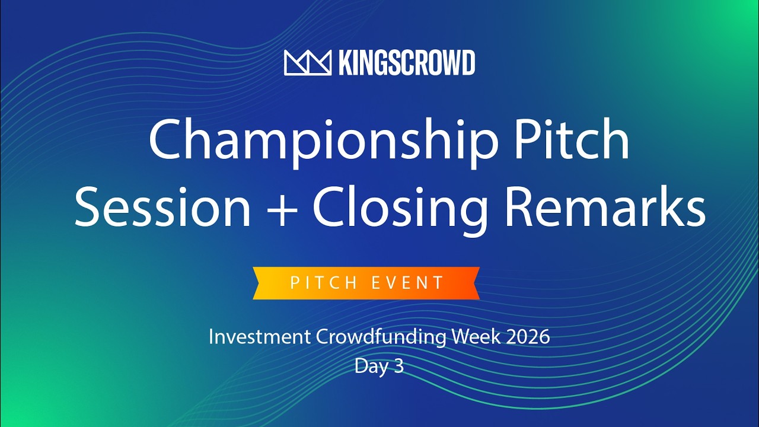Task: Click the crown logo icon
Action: [307, 62]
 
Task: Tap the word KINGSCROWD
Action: [407, 63]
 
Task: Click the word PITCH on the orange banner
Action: [324, 283]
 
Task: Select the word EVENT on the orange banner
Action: [409, 283]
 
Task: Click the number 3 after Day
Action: [398, 367]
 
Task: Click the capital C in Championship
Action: [168, 141]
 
